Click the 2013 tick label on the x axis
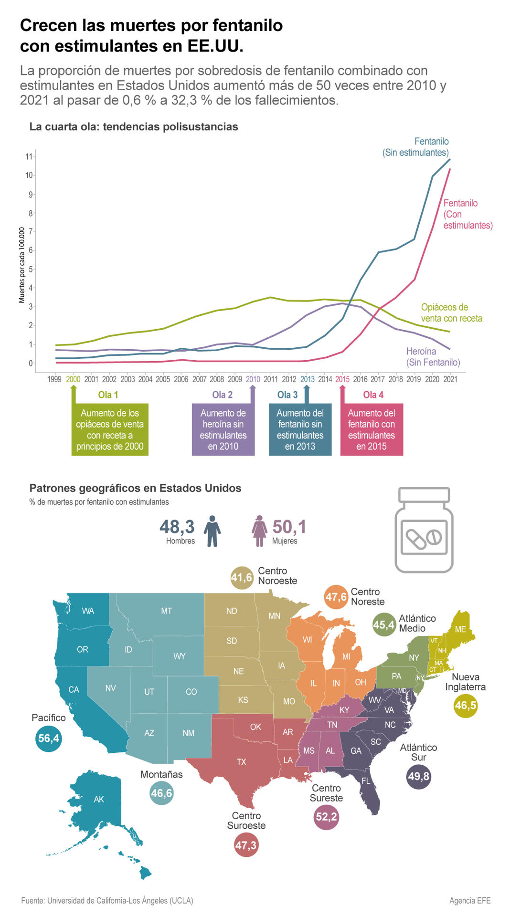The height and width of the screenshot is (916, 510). tap(307, 379)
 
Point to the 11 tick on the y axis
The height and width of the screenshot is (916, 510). tap(29, 156)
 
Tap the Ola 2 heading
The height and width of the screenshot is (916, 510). tap(222, 395)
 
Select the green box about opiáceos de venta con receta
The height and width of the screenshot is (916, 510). tap(110, 429)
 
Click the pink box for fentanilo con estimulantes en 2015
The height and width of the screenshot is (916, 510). tap(372, 429)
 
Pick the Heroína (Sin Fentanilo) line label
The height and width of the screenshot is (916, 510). tap(433, 357)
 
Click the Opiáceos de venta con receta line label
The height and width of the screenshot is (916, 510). tap(451, 313)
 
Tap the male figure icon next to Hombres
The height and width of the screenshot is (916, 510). tap(212, 531)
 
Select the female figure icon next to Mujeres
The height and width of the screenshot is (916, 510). tap(259, 531)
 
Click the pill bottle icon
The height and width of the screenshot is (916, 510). tap(424, 530)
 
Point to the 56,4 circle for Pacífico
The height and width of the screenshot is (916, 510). tap(48, 739)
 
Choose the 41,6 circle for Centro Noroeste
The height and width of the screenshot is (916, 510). tap(241, 578)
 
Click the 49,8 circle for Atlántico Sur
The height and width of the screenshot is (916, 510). tap(418, 777)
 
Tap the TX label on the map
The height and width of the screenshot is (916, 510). tap(242, 762)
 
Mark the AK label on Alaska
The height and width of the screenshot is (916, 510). tap(99, 799)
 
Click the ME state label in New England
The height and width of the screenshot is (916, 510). tap(460, 629)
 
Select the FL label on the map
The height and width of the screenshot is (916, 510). tap(366, 781)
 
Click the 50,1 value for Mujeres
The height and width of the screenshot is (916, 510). tap(289, 527)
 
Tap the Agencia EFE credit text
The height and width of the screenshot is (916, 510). tap(469, 901)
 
